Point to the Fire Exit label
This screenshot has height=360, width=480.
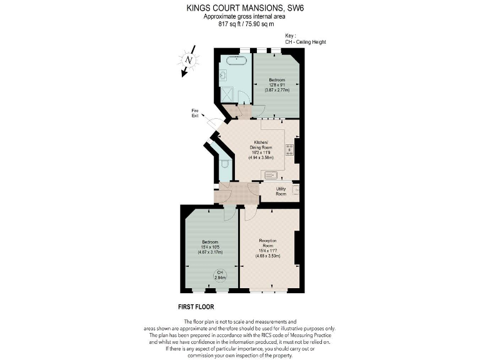[x=195, y=113]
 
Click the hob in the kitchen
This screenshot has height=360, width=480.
[x=289, y=149]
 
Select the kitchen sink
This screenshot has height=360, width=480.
[x=271, y=174]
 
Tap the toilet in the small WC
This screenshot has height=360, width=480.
[x=224, y=164]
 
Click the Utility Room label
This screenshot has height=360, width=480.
[x=281, y=191]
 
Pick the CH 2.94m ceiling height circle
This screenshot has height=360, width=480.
[x=219, y=274]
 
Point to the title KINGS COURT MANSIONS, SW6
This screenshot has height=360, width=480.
[x=240, y=8]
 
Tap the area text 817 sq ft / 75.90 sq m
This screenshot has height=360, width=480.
[x=240, y=24]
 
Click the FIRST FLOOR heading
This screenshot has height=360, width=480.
[x=196, y=307]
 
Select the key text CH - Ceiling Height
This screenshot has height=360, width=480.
[x=305, y=42]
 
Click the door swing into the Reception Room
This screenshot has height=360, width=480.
[x=249, y=212]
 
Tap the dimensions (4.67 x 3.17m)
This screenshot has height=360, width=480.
[x=209, y=252]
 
